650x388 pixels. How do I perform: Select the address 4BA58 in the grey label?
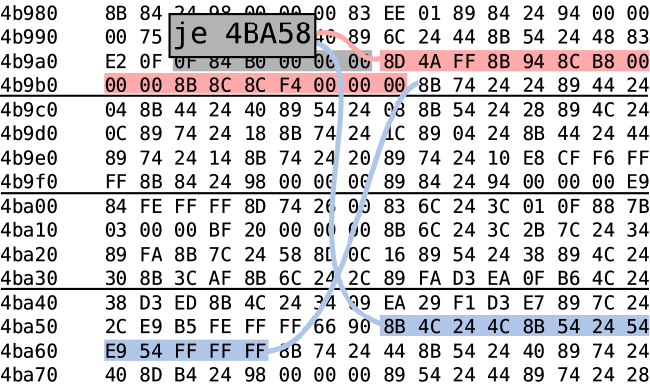pyautogui.click(x=267, y=35)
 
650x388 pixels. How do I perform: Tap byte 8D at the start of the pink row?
pyautogui.click(x=394, y=61)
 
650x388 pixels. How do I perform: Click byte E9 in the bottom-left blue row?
pyautogui.click(x=116, y=351)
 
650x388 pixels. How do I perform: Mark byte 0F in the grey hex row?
pyautogui.click(x=185, y=62)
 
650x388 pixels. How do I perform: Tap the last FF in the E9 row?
pyautogui.click(x=255, y=351)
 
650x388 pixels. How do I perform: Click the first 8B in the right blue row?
pyautogui.click(x=394, y=326)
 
